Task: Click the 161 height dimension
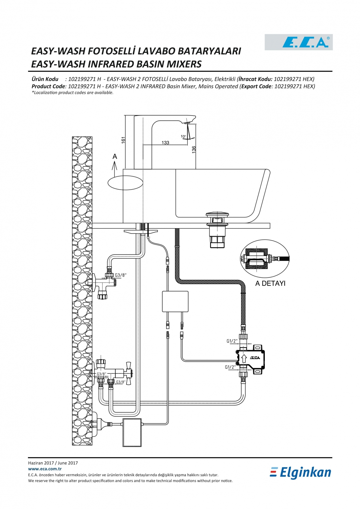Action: [123, 140]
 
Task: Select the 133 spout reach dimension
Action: [165, 143]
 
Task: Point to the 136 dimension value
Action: [194, 150]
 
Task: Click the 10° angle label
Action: [183, 136]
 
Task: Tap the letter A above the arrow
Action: [115, 156]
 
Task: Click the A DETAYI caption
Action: [270, 283]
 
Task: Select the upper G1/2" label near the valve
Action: [232, 341]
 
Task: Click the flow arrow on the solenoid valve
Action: [244, 358]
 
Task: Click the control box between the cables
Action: [175, 302]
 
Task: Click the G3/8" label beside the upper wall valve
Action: [121, 275]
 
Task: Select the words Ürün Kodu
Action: [45, 79]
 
